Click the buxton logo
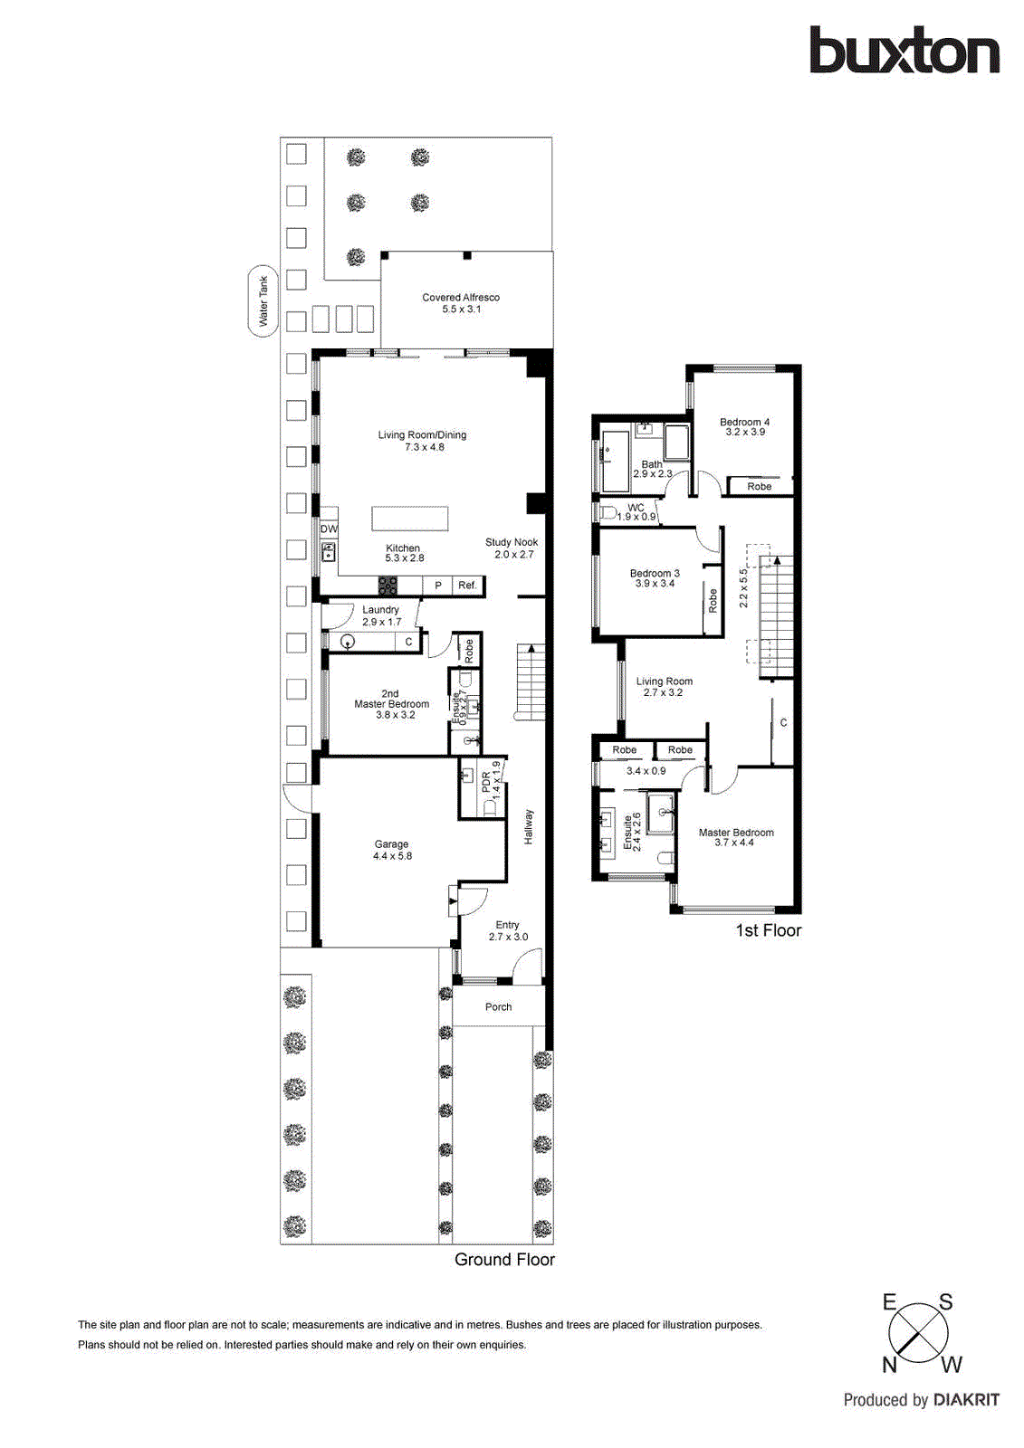(904, 51)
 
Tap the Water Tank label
(263, 301)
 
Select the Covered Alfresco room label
(461, 303)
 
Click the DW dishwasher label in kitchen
(329, 529)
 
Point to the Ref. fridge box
(467, 586)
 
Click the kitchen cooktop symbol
(388, 586)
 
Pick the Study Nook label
(512, 548)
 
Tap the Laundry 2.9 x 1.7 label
(381, 615)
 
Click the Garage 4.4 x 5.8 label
(392, 850)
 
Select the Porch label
(498, 1006)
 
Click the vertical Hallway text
(529, 827)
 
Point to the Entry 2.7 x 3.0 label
(508, 930)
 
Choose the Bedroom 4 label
(744, 426)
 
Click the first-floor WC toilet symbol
(608, 512)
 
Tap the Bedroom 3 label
(655, 578)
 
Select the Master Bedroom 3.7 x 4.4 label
(735, 837)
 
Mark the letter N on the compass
(890, 1365)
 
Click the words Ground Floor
(504, 1260)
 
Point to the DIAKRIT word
(966, 1400)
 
